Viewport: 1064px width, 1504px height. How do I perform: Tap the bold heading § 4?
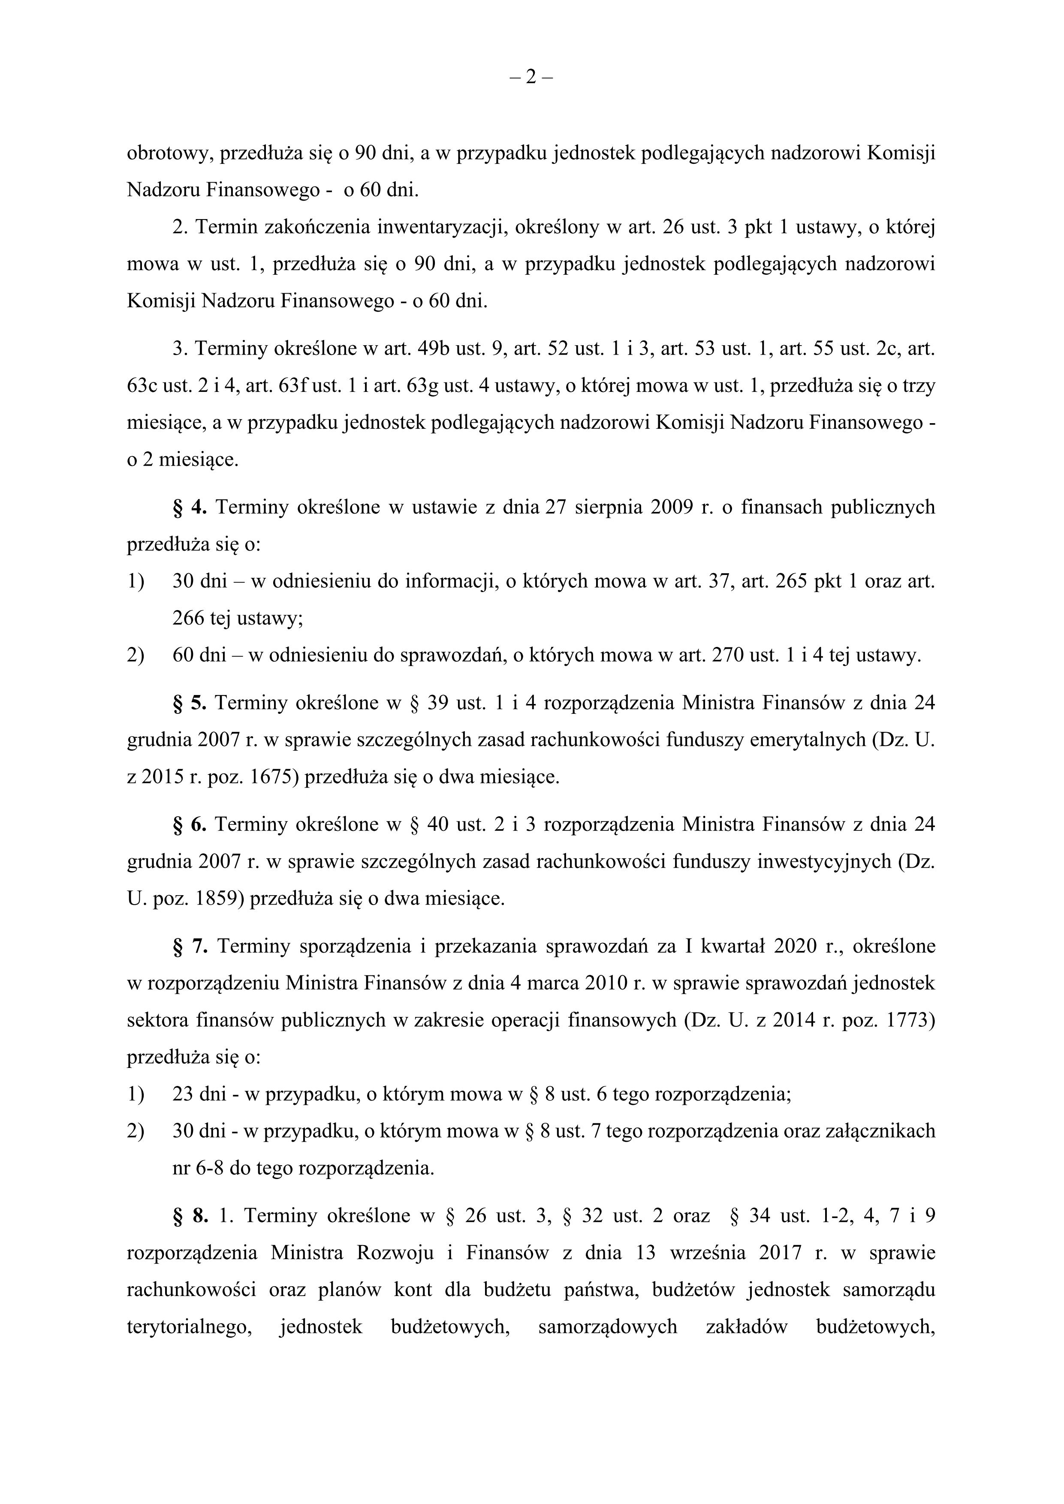point(190,508)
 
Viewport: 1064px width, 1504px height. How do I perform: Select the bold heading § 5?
point(190,703)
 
